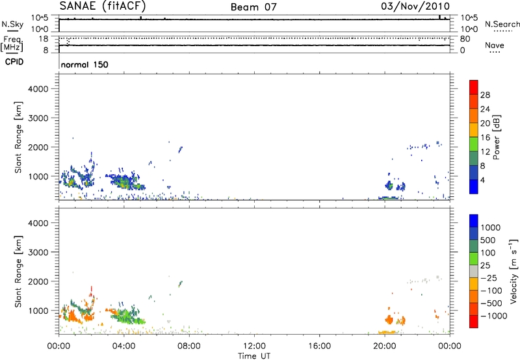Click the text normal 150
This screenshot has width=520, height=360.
(x=84, y=65)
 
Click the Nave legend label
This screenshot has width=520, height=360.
(x=495, y=46)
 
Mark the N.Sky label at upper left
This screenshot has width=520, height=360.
(x=11, y=23)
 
